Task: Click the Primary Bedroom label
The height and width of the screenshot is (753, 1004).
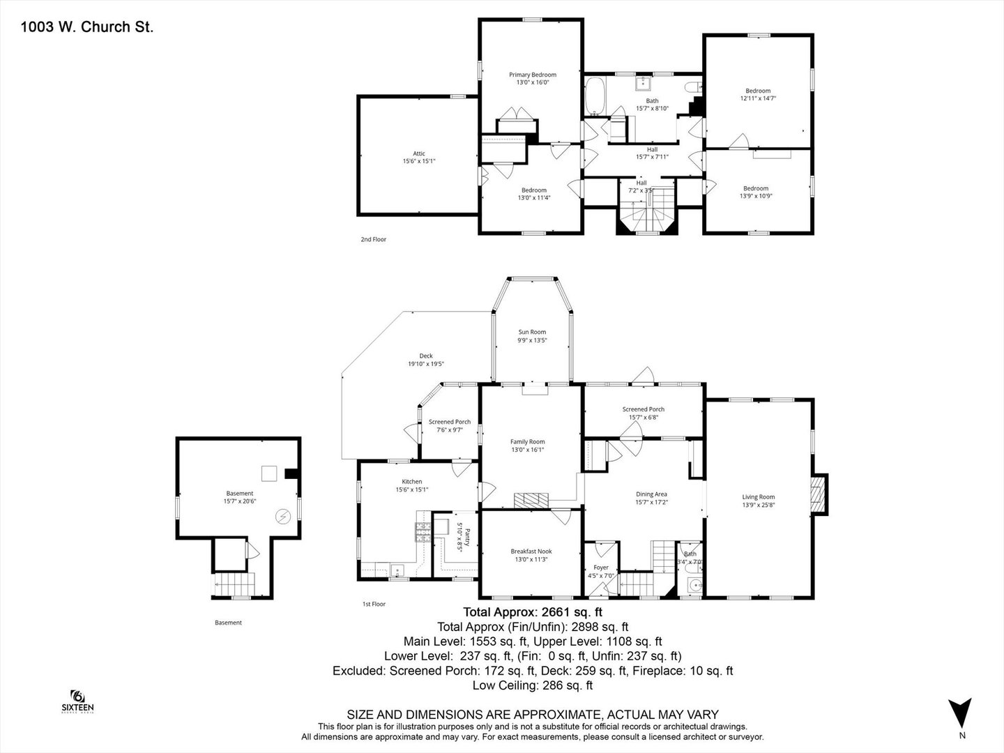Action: pyautogui.click(x=532, y=75)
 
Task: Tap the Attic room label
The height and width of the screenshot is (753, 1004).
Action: pyautogui.click(x=418, y=153)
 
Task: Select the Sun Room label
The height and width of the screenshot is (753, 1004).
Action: pyautogui.click(x=532, y=332)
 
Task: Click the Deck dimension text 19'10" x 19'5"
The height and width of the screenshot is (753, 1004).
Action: pyautogui.click(x=425, y=364)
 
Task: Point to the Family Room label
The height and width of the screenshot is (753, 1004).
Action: pyautogui.click(x=527, y=441)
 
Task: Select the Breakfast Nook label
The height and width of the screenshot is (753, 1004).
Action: pyautogui.click(x=531, y=551)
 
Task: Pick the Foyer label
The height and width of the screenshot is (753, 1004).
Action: pyautogui.click(x=600, y=568)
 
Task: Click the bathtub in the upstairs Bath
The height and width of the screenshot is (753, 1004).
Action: pyautogui.click(x=595, y=96)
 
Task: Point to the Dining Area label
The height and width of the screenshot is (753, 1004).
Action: pyautogui.click(x=651, y=494)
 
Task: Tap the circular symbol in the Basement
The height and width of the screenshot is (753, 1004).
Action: pyautogui.click(x=283, y=517)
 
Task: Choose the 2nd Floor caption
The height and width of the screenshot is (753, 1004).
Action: pyautogui.click(x=373, y=239)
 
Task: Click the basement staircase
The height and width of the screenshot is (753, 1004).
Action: pyautogui.click(x=235, y=584)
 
